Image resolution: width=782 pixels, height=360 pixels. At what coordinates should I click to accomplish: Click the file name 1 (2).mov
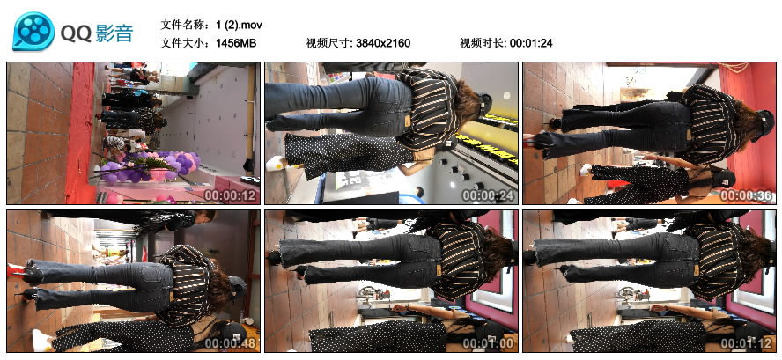pyautogui.click(x=239, y=25)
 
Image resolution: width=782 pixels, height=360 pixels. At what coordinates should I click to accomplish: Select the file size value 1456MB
pyautogui.click(x=236, y=43)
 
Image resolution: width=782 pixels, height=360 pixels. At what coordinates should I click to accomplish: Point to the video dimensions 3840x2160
pyautogui.click(x=383, y=43)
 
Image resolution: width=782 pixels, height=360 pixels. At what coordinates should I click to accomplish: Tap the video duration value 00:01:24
pyautogui.click(x=531, y=43)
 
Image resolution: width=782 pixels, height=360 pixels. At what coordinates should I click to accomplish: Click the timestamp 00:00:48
pyautogui.click(x=231, y=343)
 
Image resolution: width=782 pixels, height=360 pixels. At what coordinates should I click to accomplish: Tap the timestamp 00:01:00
pyautogui.click(x=488, y=343)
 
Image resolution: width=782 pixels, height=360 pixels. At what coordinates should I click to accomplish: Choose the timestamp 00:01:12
pyautogui.click(x=747, y=343)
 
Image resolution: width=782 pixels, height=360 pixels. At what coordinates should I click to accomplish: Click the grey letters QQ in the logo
pyautogui.click(x=76, y=34)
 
